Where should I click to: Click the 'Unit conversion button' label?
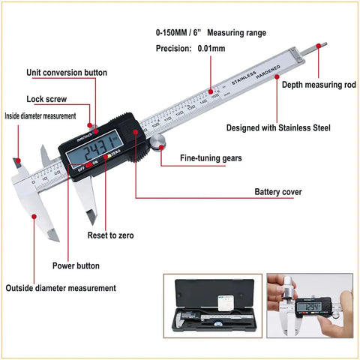tap(67, 73)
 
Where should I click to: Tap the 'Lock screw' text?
tap(46, 99)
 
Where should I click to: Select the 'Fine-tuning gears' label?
tap(211, 158)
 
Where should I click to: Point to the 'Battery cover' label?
tap(278, 192)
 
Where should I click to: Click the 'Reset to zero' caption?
tap(110, 235)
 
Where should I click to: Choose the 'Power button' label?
tap(76, 265)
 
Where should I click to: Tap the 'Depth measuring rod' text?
tap(319, 85)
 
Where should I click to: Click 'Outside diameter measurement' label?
tap(61, 288)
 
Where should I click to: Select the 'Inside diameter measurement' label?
tap(40, 116)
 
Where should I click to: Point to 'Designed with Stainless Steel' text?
tap(278, 128)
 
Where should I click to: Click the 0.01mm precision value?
tap(211, 48)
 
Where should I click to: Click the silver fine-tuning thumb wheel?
tap(158, 143)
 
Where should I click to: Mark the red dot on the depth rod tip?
tap(319, 46)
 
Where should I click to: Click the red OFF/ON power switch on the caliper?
tap(89, 165)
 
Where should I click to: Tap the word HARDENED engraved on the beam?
tap(268, 72)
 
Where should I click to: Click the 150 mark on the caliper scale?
tap(215, 96)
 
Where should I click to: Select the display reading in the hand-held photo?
tap(312, 307)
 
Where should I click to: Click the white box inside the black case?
tap(226, 303)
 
